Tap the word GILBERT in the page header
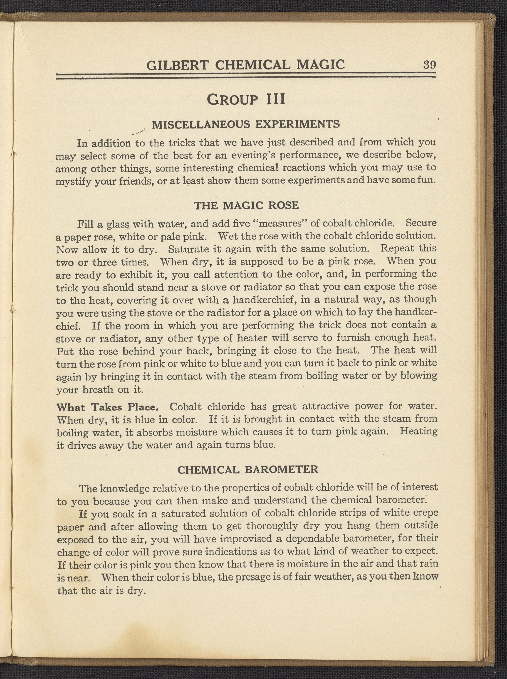[177, 65]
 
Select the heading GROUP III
[246, 99]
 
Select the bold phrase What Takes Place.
[108, 407]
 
